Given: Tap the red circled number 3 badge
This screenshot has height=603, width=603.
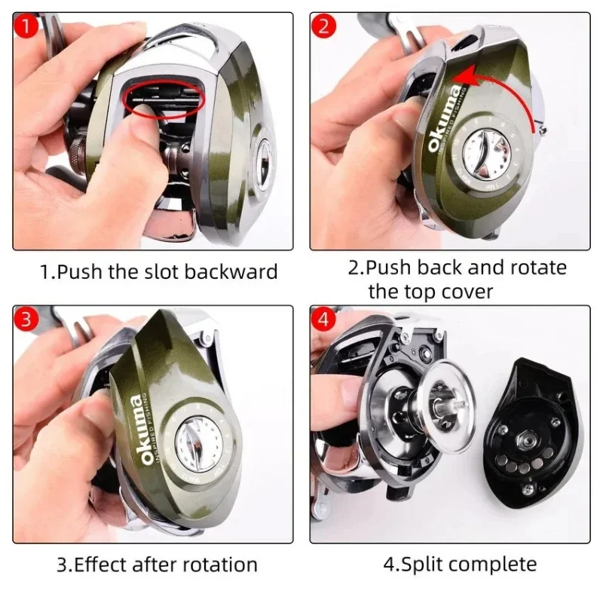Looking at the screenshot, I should (25, 320).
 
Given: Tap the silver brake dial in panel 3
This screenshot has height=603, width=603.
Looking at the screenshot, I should (198, 444).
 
